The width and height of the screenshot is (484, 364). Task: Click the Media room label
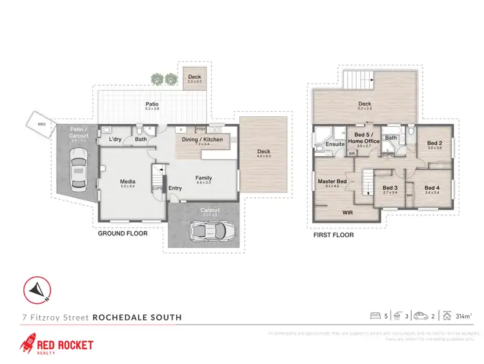pos(127,182)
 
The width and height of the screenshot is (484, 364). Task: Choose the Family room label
pos(203,178)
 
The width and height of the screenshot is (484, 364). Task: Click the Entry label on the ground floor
pos(175,188)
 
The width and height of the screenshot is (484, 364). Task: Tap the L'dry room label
pos(116,140)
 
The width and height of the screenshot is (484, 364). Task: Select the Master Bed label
pos(332,182)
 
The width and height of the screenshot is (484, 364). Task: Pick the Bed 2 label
pos(434,143)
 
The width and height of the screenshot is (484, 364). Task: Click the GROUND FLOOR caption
pos(123,233)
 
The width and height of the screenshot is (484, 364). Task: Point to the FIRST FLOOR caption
pos(334,235)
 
